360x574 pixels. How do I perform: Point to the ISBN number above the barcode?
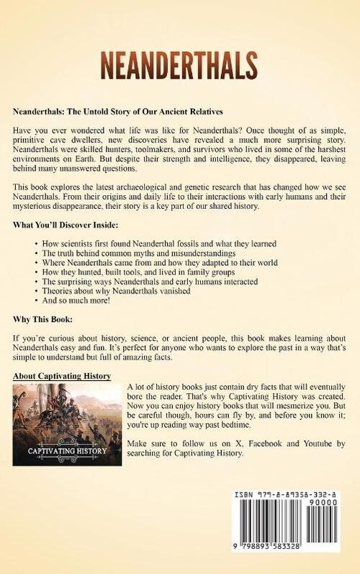pyautogui.click(x=290, y=498)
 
